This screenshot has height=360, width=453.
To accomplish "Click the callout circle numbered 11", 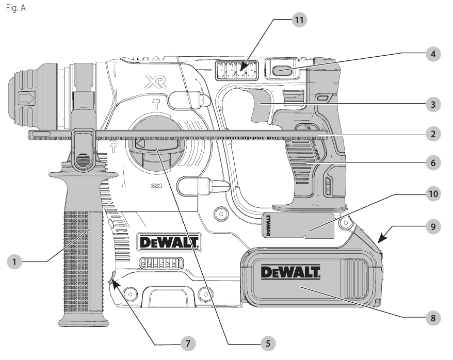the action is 299,20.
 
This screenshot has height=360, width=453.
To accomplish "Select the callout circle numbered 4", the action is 433,54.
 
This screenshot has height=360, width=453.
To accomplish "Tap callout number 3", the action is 433,105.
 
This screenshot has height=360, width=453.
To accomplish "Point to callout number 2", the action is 433,134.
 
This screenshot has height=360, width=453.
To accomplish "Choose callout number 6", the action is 433,163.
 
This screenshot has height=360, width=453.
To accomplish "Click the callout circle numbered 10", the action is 433,194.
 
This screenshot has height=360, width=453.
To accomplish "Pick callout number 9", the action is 433,226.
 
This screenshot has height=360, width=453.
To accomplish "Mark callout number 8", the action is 433,318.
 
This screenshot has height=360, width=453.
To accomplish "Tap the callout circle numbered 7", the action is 188,343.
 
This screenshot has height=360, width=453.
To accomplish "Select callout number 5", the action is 268,343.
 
